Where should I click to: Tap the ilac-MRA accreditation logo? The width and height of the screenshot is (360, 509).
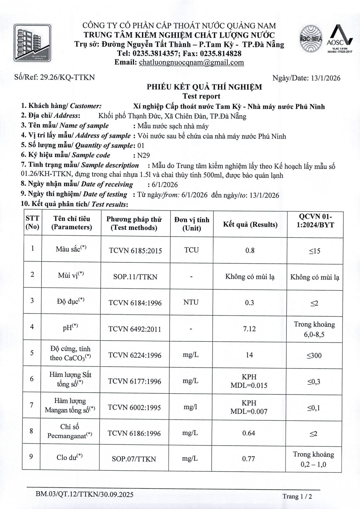(311, 39)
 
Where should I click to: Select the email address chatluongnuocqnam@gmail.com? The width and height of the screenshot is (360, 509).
(192, 62)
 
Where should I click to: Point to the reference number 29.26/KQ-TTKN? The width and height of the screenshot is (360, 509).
(68, 77)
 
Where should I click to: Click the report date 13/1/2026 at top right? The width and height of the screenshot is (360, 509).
(325, 78)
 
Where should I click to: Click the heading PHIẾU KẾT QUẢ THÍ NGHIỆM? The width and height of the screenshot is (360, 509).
(204, 87)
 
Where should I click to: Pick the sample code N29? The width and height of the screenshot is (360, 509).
(143, 155)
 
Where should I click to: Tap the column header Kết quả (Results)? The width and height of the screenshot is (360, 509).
(250, 224)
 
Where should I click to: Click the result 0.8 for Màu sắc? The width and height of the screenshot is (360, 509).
(250, 250)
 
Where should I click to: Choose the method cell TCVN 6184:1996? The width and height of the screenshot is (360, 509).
(135, 303)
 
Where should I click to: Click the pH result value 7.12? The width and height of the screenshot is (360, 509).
(250, 329)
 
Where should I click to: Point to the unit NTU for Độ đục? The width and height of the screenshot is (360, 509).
(191, 302)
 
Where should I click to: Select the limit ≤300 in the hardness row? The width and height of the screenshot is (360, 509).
(314, 356)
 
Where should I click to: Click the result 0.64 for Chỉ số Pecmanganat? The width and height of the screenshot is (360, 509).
(249, 433)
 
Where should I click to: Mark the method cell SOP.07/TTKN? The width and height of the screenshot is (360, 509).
(134, 459)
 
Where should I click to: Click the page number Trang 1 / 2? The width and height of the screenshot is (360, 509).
(297, 496)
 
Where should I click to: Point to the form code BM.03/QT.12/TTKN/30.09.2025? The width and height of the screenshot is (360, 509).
(85, 494)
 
